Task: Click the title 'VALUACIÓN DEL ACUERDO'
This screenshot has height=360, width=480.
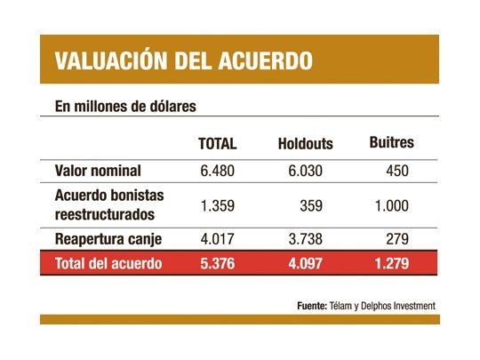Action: coord(183,60)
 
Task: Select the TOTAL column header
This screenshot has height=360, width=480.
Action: coord(217,143)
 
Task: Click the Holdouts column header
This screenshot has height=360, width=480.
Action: coord(304,144)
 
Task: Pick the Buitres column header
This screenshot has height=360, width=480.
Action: coord(391,142)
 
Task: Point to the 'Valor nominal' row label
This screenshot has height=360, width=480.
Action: coord(98,171)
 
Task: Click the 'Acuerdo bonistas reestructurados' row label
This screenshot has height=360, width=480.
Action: coord(110,204)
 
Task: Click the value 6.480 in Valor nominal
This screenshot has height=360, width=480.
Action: coord(219,171)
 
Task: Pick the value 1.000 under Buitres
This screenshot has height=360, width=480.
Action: coord(392,205)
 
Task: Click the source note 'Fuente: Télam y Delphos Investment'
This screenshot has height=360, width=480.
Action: coord(366,306)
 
